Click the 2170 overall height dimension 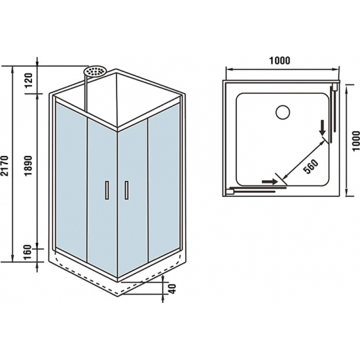tap(5, 166)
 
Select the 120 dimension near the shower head tap(29, 80)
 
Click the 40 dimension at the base tap(173, 289)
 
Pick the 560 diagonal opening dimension tap(311, 166)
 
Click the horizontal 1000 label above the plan tap(279, 61)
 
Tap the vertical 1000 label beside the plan tap(355, 141)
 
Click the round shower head tap(95, 71)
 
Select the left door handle tap(107, 190)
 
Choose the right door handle tap(126, 190)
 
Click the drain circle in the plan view tap(283, 113)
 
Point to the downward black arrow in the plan tap(323, 128)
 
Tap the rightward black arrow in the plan tap(270, 181)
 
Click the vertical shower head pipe tap(86, 94)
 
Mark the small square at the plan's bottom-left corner tap(230, 191)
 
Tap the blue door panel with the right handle tap(132, 198)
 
